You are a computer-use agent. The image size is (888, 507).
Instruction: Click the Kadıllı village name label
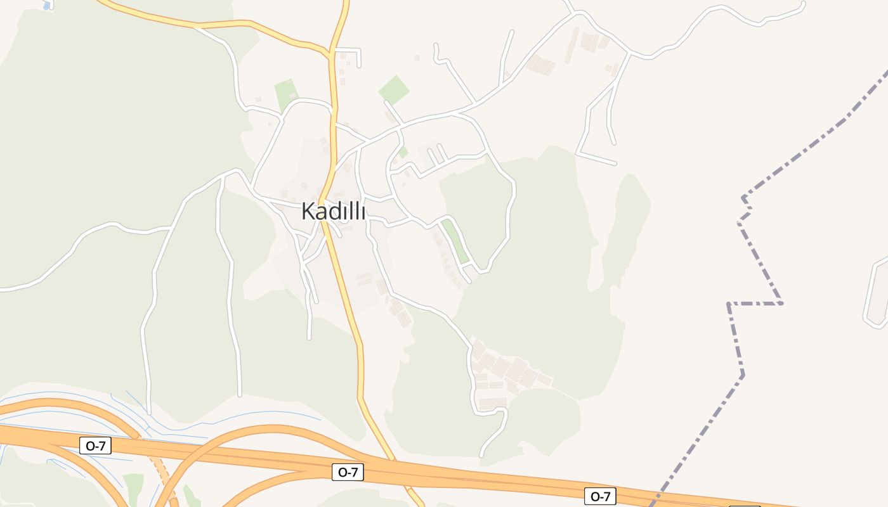coord(333,211)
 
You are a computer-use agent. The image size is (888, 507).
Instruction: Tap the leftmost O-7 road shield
coord(96,446)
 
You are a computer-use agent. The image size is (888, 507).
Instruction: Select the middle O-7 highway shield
coord(348,472)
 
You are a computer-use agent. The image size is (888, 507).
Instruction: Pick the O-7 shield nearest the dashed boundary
coord(600,496)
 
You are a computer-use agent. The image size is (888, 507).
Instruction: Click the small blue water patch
coord(47,5)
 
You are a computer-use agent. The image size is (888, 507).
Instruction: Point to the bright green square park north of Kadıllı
coord(394,90)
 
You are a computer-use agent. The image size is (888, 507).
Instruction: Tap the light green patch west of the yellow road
coord(286,94)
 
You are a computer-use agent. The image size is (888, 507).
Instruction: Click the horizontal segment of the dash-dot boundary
coord(755,304)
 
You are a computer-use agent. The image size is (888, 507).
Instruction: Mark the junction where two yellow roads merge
coord(329,51)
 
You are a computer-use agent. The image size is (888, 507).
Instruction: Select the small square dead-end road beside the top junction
coord(350,56)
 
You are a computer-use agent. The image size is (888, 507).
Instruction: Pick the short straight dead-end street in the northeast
coord(596,158)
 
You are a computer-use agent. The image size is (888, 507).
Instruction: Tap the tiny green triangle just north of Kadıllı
coord(403,152)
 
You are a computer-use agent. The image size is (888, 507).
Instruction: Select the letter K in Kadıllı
coord(308,211)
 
